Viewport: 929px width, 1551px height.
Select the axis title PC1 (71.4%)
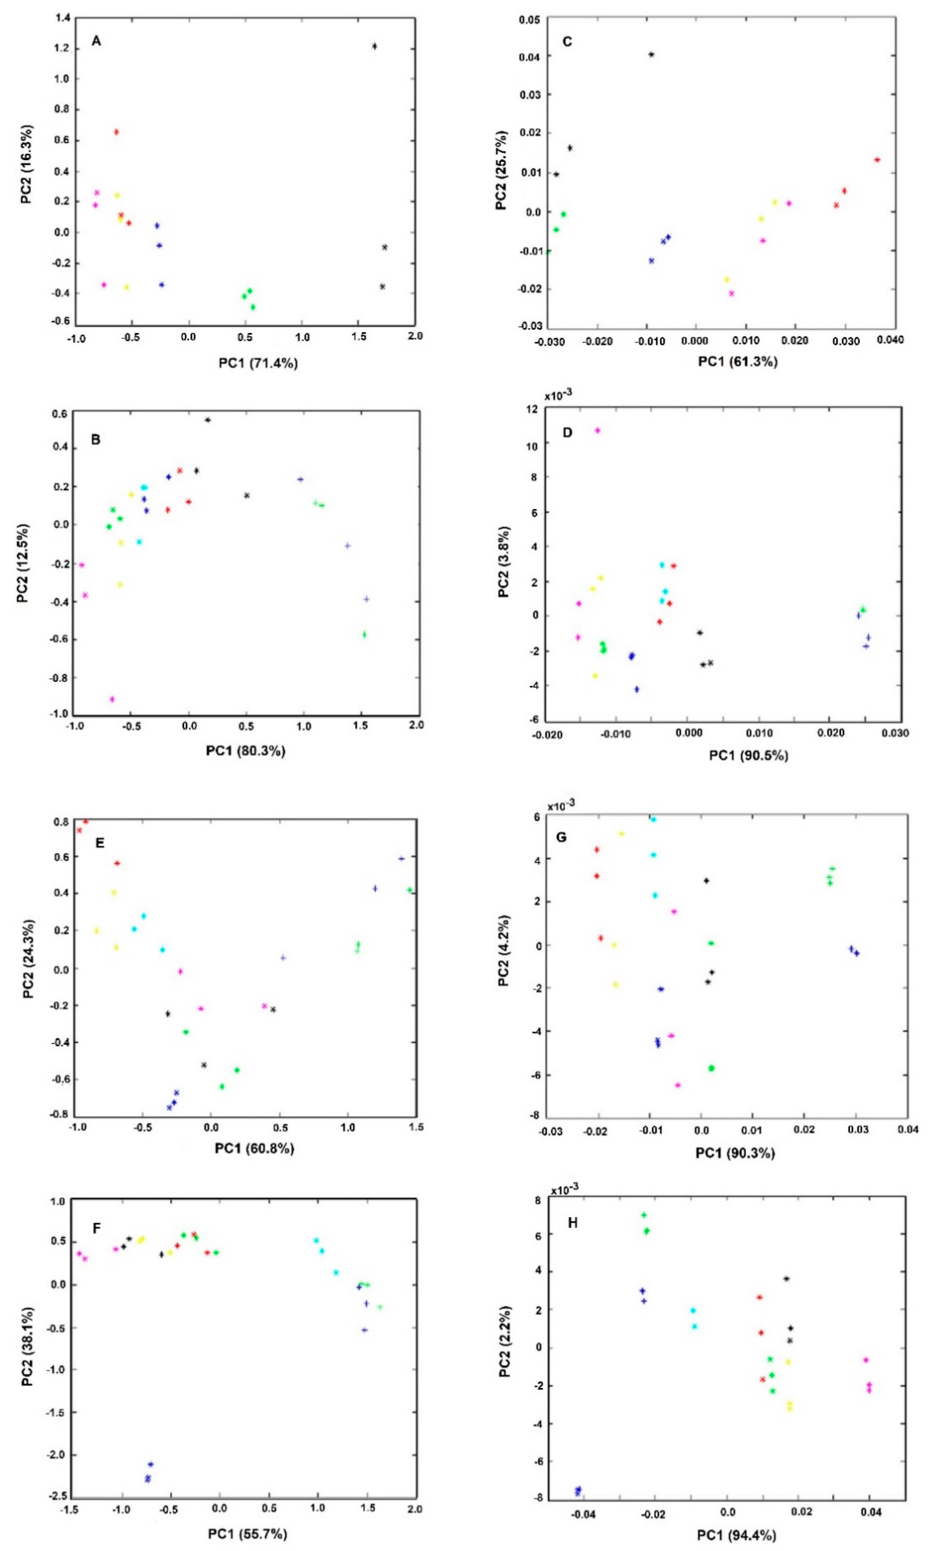(x=258, y=363)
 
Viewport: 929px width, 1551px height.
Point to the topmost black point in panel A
(x=374, y=46)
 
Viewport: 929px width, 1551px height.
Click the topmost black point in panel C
(x=651, y=54)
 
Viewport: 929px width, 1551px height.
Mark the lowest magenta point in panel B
(x=112, y=699)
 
